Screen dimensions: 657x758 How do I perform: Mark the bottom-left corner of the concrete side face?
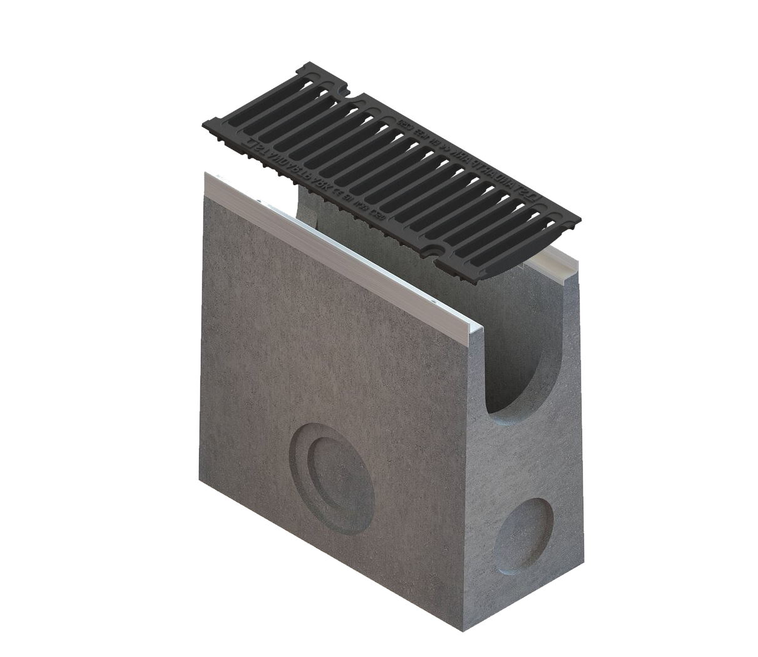(200, 481)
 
